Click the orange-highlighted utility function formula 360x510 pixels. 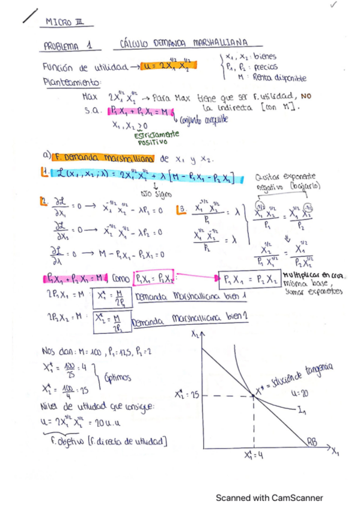(166, 66)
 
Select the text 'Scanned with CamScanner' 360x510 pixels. (269, 498)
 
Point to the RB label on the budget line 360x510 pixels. (312, 442)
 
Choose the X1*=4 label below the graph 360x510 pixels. (252, 455)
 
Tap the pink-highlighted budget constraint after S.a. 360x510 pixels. (139, 111)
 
